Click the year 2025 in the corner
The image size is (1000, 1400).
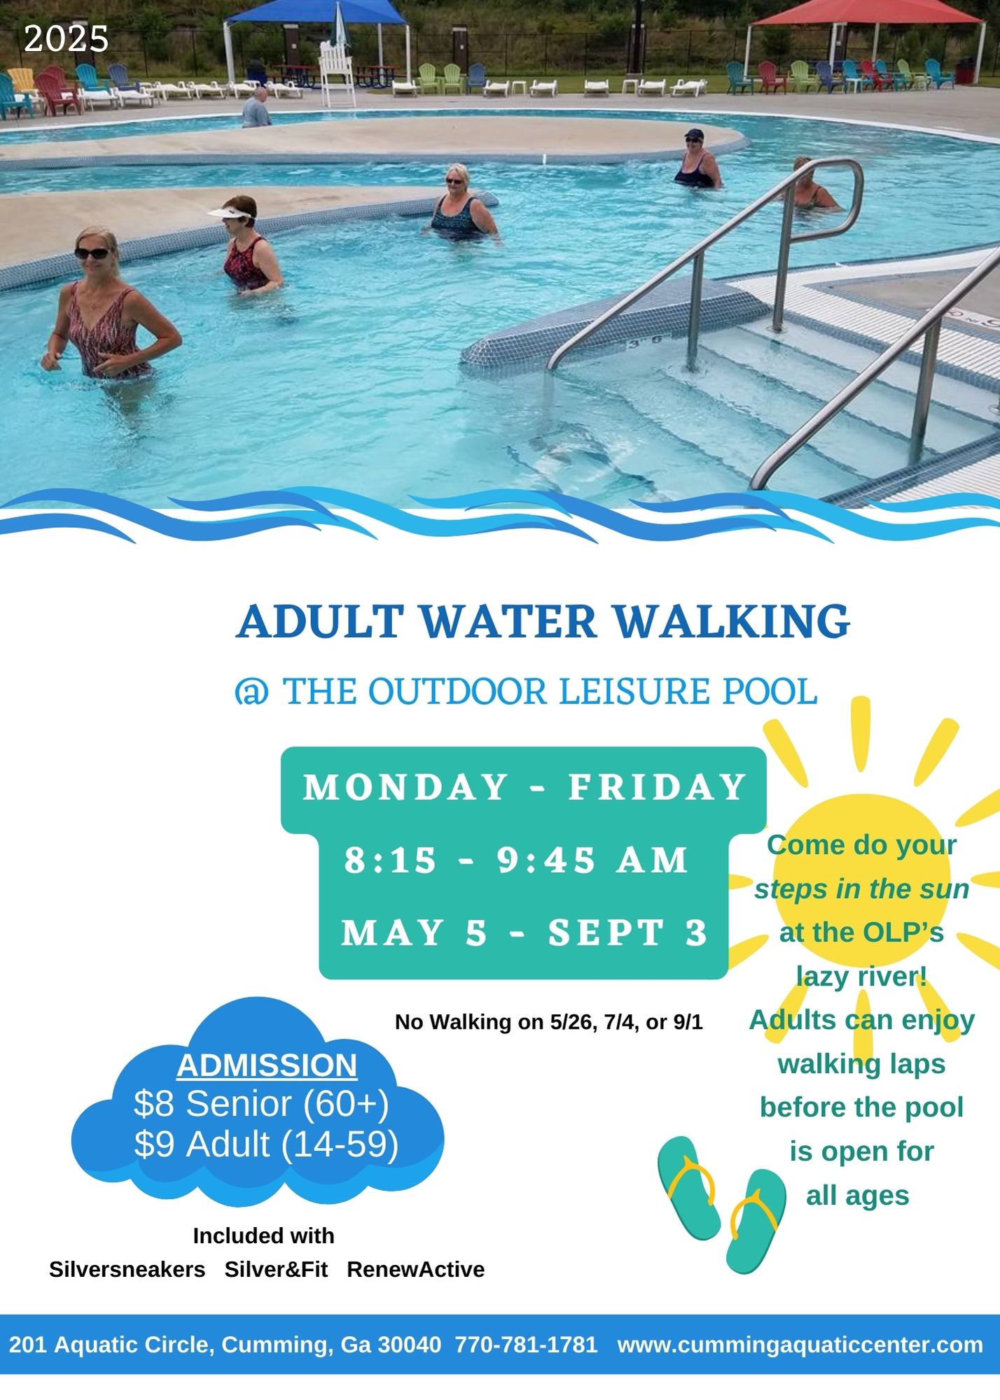(x=67, y=39)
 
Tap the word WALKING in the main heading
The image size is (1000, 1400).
(x=732, y=621)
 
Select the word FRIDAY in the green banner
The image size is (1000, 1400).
(x=658, y=787)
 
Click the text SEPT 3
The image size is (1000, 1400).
(x=628, y=932)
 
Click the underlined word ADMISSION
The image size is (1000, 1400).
(x=267, y=1065)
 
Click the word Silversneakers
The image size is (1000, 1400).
(x=127, y=1269)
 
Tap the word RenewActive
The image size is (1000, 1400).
(x=416, y=1269)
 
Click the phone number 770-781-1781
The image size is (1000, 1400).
(x=527, y=1345)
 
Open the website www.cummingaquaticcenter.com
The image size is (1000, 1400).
(x=800, y=1345)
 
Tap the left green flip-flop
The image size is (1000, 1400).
(x=689, y=1188)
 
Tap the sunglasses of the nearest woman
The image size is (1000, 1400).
(x=92, y=253)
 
